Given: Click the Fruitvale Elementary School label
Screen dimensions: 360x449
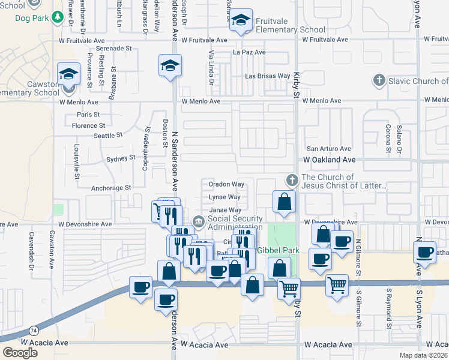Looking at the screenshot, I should pyautogui.click(x=290, y=25).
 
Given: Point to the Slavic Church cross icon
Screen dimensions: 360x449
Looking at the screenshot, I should pyautogui.click(x=379, y=80).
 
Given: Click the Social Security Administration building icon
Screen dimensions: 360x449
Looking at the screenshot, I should pyautogui.click(x=199, y=223).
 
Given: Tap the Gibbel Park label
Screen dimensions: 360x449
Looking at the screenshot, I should pyautogui.click(x=278, y=250).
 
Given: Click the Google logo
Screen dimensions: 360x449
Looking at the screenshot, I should pyautogui.click(x=20, y=352).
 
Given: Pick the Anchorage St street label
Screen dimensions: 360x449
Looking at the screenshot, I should pyautogui.click(x=111, y=188).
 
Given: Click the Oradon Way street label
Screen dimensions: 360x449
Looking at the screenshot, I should pyautogui.click(x=226, y=184).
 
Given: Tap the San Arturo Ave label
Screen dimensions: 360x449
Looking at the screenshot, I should pyautogui.click(x=329, y=148).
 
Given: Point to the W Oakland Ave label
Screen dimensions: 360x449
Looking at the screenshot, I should pyautogui.click(x=330, y=160).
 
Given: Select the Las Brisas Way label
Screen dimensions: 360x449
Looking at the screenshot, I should pyautogui.click(x=267, y=76).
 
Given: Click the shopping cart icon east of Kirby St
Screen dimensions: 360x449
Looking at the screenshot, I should pyautogui.click(x=337, y=285).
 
